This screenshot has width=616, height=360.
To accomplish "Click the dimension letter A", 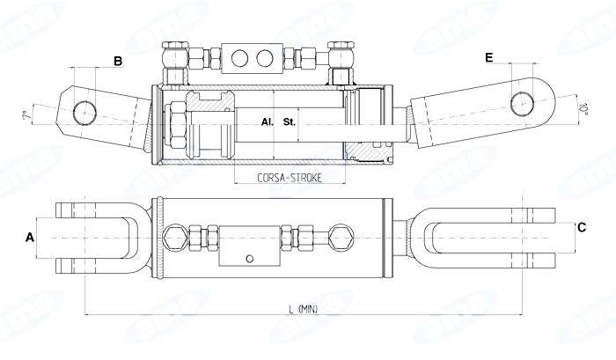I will (x=30, y=237).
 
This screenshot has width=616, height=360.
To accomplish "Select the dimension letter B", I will (x=117, y=61).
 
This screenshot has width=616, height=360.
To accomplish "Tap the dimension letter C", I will (x=581, y=227).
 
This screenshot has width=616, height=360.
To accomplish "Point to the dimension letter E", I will (x=488, y=57).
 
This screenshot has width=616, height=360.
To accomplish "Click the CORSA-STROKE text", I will (x=290, y=178).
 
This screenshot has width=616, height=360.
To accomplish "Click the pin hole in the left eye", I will (x=84, y=112).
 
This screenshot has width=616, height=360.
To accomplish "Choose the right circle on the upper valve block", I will (x=263, y=59).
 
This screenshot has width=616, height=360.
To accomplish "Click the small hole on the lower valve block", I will (x=250, y=258).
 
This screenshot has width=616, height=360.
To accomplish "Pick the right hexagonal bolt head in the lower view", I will (x=338, y=236).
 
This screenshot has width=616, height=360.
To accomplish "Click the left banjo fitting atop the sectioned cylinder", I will (x=174, y=59).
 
